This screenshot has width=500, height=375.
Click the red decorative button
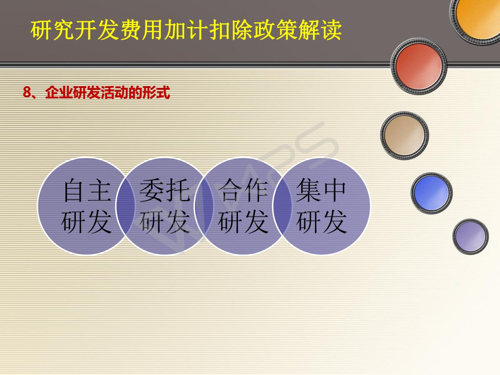click(419, 66)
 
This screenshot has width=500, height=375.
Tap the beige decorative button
click(404, 136)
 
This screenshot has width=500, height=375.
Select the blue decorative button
click(431, 193)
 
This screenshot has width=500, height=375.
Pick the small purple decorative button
click(470, 237)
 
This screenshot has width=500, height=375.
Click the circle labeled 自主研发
click(86, 206)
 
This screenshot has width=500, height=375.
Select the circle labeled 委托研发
click(165, 206)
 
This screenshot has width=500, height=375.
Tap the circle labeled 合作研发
click(243, 206)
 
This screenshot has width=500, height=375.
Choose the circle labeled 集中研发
click(321, 206)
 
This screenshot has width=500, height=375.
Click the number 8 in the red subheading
click(27, 92)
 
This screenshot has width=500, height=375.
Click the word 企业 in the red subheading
click(59, 92)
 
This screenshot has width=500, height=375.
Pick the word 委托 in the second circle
click(165, 190)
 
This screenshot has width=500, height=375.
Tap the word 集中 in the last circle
click(321, 190)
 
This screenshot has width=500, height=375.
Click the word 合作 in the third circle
click(243, 190)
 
